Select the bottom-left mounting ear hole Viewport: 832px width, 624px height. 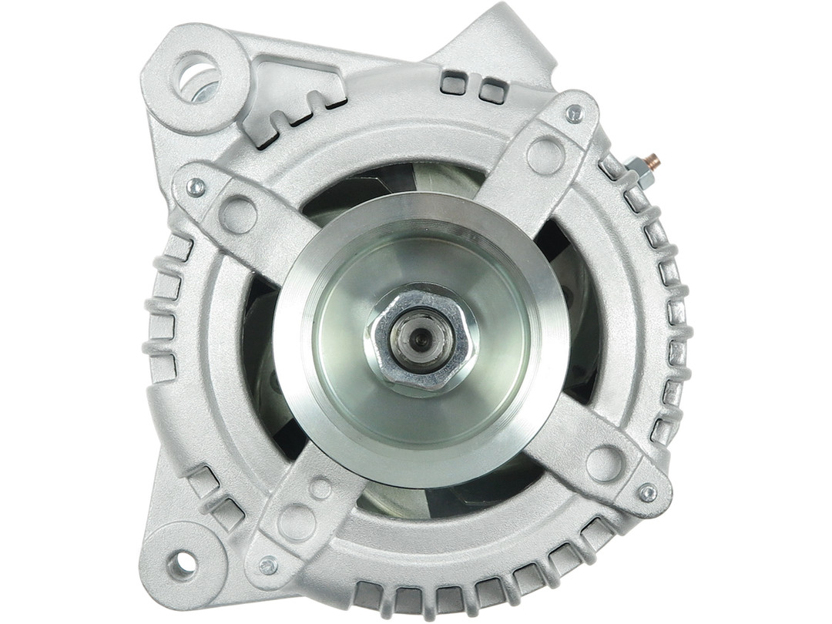click(x=181, y=565)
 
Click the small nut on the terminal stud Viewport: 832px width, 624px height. click(x=639, y=169)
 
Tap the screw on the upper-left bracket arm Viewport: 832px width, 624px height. click(x=196, y=186)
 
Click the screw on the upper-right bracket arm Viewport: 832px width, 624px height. click(x=574, y=114)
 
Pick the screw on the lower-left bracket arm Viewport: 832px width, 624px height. click(x=268, y=565)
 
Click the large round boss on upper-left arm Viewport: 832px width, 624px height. click(x=237, y=215)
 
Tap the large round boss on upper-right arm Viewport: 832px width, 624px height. click(x=545, y=155)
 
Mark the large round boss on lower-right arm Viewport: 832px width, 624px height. click(x=605, y=463)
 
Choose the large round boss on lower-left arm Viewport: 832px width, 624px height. click(x=296, y=523)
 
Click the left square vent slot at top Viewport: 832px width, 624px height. click(x=454, y=82)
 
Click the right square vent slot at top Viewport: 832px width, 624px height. click(x=491, y=91)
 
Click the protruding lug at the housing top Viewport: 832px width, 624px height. click(x=508, y=39)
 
